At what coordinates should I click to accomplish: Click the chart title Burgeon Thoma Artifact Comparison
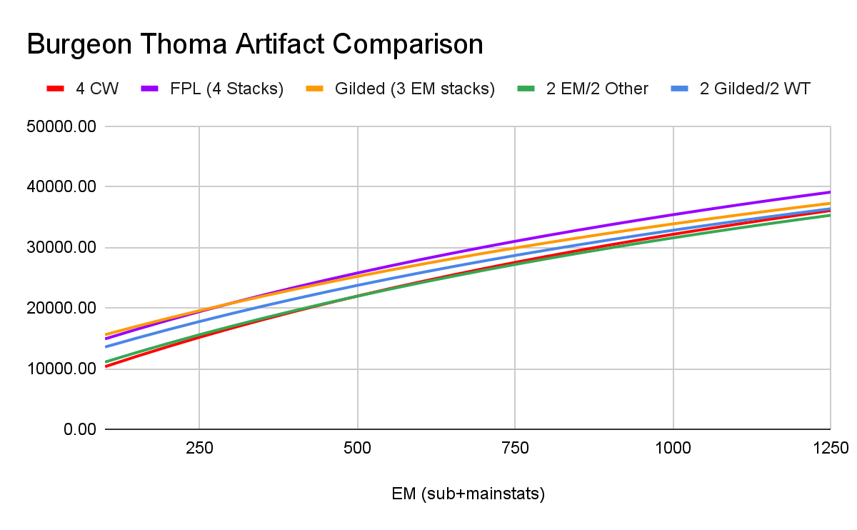[x=255, y=44]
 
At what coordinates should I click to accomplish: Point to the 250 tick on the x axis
[x=199, y=449]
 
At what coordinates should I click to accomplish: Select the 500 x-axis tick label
[x=357, y=449]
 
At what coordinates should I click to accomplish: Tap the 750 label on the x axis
[x=515, y=449]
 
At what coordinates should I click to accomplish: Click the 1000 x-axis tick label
[x=673, y=449]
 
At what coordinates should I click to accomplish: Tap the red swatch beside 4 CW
[x=56, y=89]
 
